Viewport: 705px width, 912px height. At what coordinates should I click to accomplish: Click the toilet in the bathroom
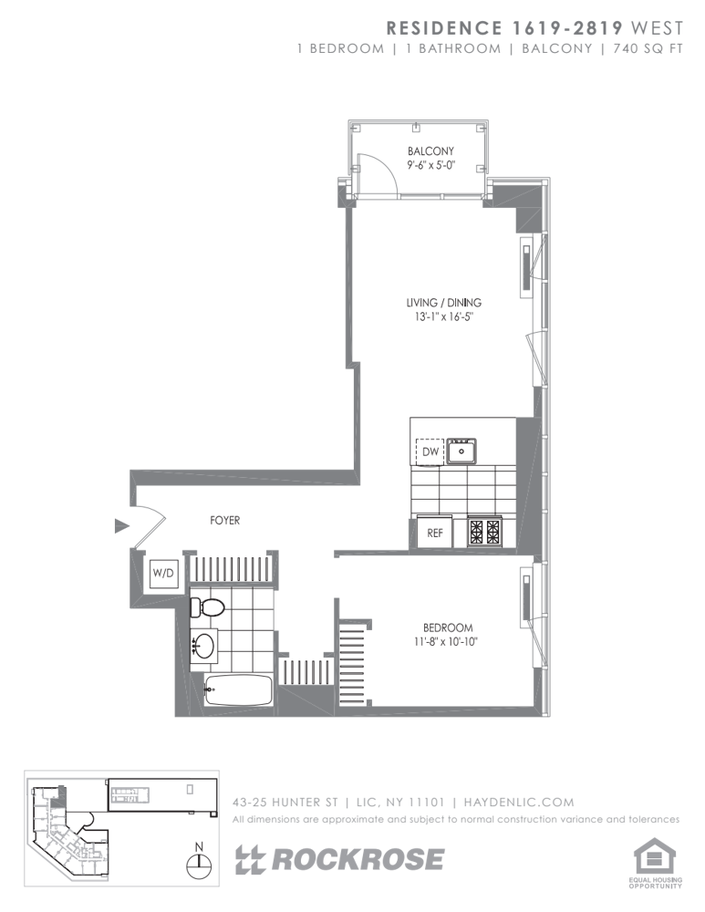[207, 607]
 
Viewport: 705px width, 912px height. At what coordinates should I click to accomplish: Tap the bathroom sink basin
[204, 643]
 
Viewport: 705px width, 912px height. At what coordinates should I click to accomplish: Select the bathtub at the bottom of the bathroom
[238, 689]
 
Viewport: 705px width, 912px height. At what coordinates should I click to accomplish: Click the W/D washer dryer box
[163, 574]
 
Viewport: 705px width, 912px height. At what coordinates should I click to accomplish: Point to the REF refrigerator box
[435, 533]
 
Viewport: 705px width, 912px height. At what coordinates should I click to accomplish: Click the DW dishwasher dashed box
[430, 451]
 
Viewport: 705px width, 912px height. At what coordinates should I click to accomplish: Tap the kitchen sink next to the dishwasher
[461, 451]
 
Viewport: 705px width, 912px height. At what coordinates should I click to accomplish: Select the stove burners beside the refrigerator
[484, 531]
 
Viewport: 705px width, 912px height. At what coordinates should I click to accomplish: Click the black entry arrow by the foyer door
[121, 526]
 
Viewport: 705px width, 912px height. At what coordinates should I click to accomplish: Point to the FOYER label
[224, 521]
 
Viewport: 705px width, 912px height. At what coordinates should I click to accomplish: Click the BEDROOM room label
[448, 627]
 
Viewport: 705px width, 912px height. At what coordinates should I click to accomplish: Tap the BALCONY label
[431, 150]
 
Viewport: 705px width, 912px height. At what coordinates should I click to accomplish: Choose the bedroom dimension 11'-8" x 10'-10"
[448, 642]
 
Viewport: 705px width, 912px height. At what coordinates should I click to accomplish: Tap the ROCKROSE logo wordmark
[339, 860]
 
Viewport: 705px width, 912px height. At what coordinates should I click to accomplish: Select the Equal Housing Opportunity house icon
[655, 857]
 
